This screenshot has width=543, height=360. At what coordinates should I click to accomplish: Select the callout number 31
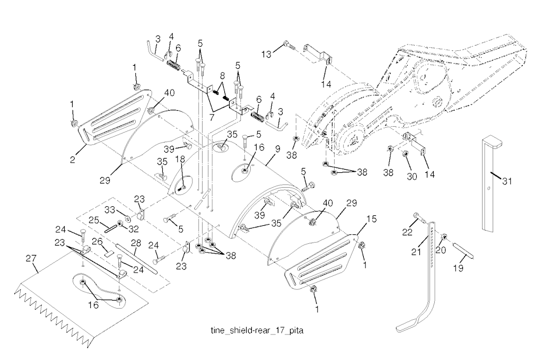coord(507,181)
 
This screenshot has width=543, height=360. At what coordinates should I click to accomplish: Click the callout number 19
coord(459,268)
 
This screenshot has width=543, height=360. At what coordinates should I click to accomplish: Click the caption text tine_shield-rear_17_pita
coord(257,330)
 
